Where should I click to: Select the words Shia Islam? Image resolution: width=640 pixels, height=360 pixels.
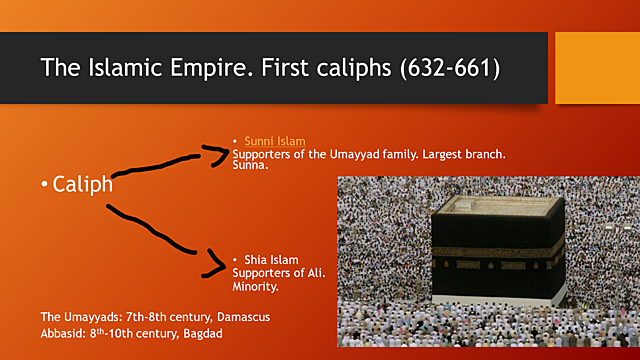271,260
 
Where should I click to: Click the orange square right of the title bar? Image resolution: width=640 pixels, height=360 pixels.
597,67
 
